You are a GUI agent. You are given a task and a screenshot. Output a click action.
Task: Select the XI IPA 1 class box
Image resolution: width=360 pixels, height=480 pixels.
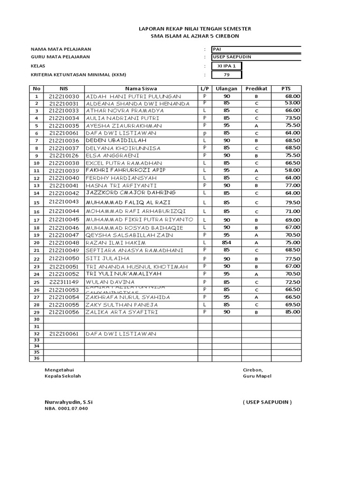coord(227,66)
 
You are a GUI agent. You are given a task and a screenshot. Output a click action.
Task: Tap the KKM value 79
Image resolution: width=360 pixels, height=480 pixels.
coord(227,75)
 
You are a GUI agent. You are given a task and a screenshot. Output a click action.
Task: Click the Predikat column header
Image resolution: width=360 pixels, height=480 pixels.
coord(256,88)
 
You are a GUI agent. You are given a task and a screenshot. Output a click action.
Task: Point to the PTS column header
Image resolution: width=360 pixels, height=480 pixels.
coord(286,88)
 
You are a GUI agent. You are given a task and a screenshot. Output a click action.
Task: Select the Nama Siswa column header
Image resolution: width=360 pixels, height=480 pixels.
coord(141,88)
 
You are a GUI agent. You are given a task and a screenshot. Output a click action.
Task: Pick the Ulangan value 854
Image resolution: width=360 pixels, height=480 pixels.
coord(226,242)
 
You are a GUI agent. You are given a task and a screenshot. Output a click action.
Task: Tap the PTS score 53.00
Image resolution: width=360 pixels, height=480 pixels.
coord(292,103)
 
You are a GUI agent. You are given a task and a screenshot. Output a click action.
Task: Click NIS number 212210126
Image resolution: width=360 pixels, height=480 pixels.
coord(64,155)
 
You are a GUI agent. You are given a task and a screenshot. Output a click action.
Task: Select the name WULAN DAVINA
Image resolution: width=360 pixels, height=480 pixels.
coord(110,281)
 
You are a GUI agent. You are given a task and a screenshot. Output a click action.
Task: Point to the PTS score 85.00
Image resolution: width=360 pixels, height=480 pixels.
coord(292,312)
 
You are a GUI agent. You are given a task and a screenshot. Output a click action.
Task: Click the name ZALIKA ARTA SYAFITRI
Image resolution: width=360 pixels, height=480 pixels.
coord(121,312)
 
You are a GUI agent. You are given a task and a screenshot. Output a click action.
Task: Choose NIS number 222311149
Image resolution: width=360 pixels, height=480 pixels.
coord(64,282)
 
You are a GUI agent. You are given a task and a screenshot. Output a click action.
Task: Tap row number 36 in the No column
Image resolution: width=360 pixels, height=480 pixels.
coord(36,358)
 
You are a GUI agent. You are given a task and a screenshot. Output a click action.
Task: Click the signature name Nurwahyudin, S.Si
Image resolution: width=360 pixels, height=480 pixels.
coord(68,402)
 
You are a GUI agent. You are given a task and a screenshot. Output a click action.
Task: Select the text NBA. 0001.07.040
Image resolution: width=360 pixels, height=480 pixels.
coord(66,408)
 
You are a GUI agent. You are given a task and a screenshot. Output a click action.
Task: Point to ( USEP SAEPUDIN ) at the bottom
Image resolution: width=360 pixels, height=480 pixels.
coord(267,402)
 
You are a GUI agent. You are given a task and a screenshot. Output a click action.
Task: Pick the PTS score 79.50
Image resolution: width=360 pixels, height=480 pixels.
coord(292,202)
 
